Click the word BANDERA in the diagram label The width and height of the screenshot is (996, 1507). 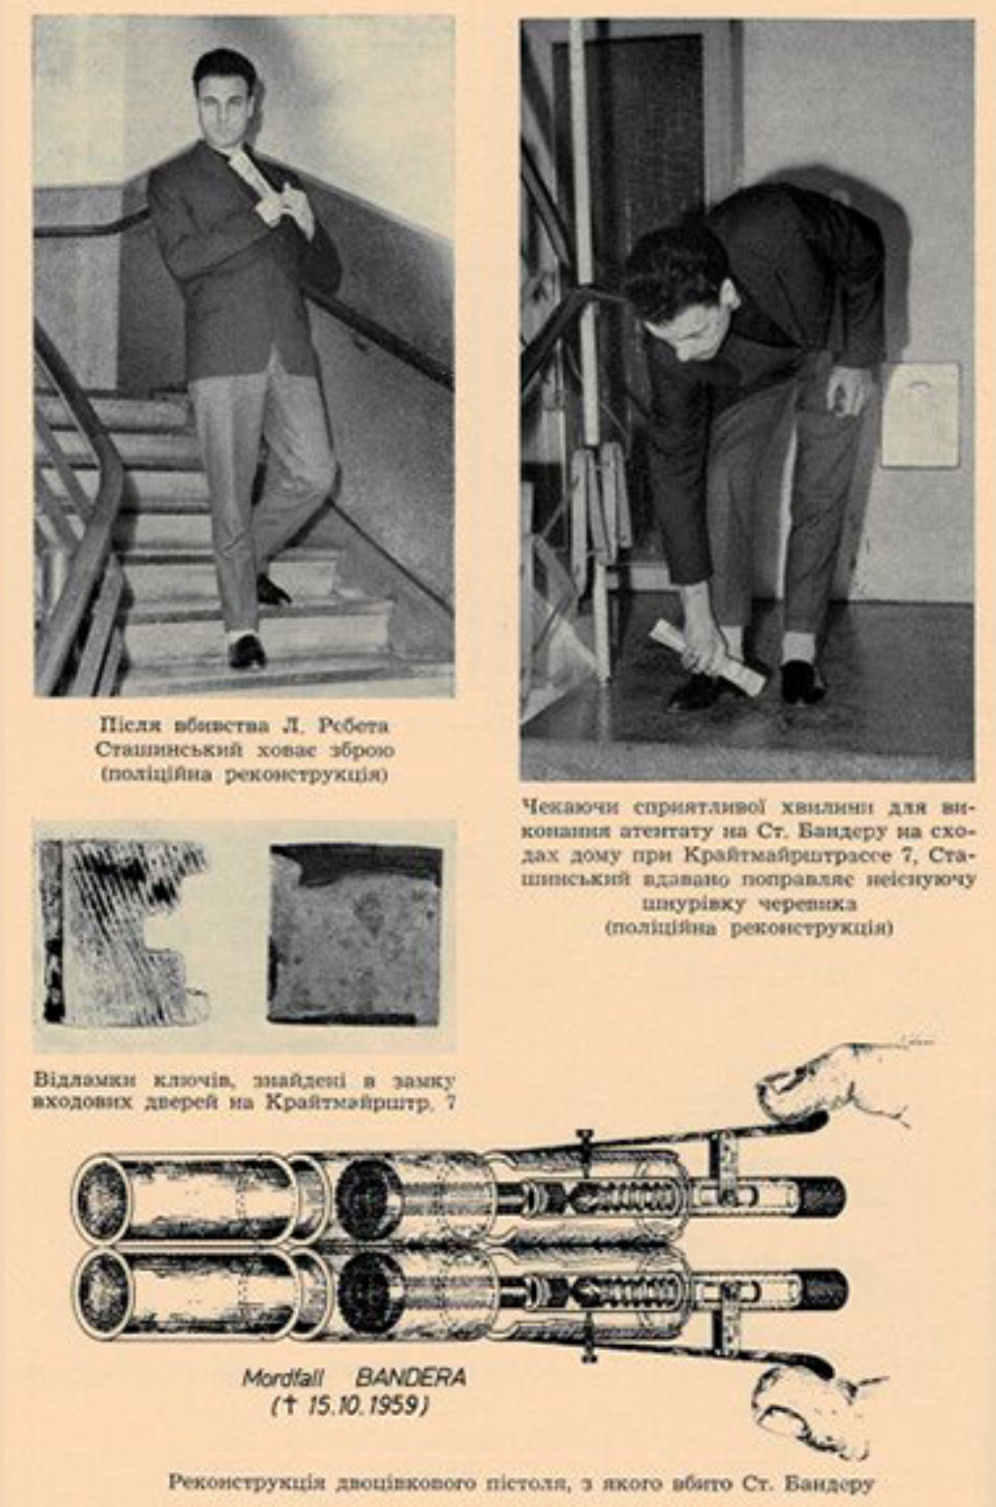coord(411,1377)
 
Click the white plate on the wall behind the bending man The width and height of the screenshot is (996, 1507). coord(920,415)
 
